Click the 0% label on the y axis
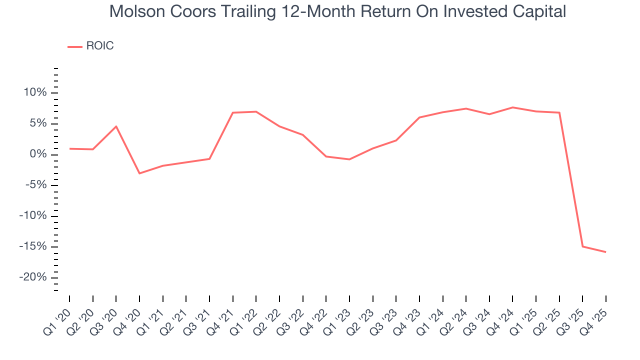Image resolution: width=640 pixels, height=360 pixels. pyautogui.click(x=40, y=154)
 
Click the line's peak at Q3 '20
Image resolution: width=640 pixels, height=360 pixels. pyautogui.click(x=116, y=126)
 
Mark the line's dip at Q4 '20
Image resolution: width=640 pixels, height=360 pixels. pyautogui.click(x=139, y=173)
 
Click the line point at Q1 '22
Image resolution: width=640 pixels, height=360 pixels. pyautogui.click(x=256, y=111)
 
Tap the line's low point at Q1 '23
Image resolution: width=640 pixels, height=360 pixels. pyautogui.click(x=349, y=159)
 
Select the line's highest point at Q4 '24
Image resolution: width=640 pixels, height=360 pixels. pyautogui.click(x=512, y=107)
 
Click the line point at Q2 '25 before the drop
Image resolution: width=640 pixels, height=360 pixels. pyautogui.click(x=559, y=112)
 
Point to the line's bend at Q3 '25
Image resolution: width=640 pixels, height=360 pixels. pyautogui.click(x=582, y=246)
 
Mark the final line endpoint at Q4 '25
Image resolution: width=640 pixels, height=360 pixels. pyautogui.click(x=605, y=252)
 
